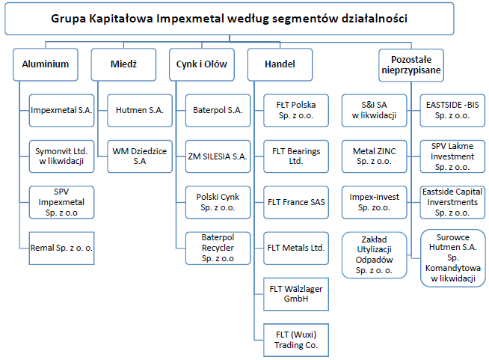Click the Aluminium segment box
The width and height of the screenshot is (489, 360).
coord(45,64)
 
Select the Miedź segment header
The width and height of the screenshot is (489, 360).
coord(123,64)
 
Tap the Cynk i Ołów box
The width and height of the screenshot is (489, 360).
coord(202,64)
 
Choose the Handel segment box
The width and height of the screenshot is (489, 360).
coord(280,64)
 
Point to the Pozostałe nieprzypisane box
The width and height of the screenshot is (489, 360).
coord(411,65)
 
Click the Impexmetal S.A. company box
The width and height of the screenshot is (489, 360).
coord(61,111)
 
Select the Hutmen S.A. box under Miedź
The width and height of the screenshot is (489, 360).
coord(140,111)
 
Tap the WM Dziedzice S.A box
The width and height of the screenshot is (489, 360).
coord(140,156)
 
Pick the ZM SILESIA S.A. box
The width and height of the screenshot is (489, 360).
coord(218,156)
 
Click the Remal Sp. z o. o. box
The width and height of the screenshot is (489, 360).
coord(61,248)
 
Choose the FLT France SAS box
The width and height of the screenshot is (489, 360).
coord(296,202)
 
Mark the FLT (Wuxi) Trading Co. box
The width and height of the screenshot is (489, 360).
coord(296,340)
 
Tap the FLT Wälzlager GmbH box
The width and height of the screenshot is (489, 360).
coord(296,294)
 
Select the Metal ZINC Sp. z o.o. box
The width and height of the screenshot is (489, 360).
coord(375,156)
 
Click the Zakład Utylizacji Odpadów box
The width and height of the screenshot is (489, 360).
coord(375,255)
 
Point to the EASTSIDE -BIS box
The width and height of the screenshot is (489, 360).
coord(452,111)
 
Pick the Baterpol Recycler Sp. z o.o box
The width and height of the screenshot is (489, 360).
coord(218,248)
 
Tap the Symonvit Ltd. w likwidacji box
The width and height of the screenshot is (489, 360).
coord(61,156)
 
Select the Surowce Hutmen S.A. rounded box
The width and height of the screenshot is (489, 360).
coord(453,258)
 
